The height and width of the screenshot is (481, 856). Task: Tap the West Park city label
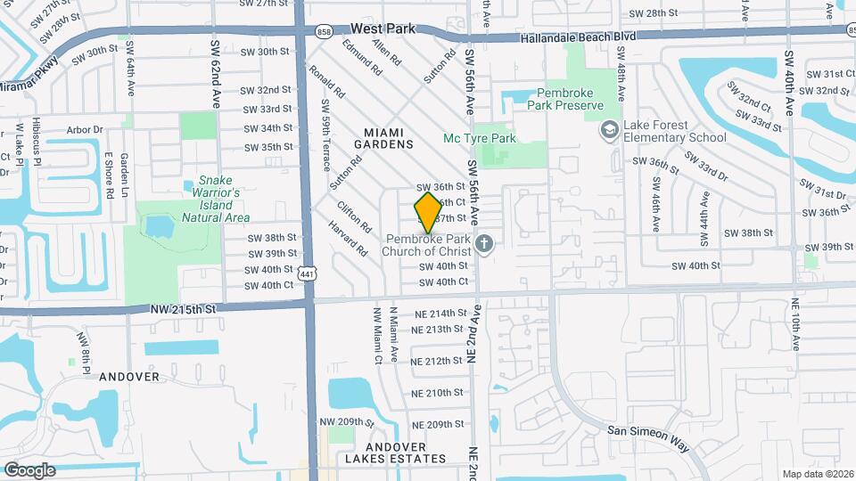(383, 29)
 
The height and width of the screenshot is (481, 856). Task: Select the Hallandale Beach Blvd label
(580, 37)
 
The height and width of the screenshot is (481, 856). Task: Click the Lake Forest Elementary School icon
(610, 130)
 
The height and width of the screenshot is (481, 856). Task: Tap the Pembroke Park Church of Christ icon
(484, 243)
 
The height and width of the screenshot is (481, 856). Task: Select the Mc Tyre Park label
(480, 139)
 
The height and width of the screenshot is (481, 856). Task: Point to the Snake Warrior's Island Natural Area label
(216, 199)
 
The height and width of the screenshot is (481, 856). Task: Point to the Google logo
(29, 469)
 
